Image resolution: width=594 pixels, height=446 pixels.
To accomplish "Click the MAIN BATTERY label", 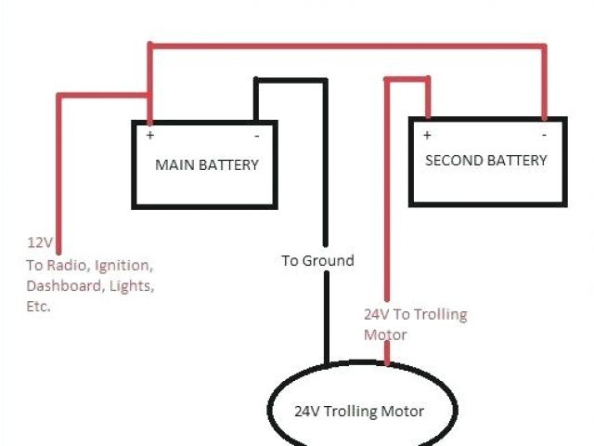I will pyautogui.click(x=206, y=165).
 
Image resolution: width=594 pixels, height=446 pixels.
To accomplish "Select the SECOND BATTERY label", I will pyautogui.click(x=485, y=161).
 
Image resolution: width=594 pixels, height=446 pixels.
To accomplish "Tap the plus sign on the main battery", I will pyautogui.click(x=149, y=136).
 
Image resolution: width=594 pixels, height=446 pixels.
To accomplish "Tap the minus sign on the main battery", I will pyautogui.click(x=255, y=136).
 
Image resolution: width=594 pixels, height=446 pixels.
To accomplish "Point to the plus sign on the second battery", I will pyautogui.click(x=427, y=134).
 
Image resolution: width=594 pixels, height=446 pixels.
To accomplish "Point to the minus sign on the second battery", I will pyautogui.click(x=544, y=134).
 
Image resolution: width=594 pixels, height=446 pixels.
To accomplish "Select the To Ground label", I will pyautogui.click(x=317, y=261).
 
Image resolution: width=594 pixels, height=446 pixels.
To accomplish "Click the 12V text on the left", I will pyautogui.click(x=40, y=243).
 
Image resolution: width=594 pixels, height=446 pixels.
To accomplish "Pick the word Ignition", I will pyautogui.click(x=124, y=264).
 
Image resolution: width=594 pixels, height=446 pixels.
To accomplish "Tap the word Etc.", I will pyautogui.click(x=38, y=306).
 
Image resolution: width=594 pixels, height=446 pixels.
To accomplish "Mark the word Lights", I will pyautogui.click(x=133, y=285).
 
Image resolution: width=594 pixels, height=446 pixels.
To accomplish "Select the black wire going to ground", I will pyautogui.click(x=325, y=204).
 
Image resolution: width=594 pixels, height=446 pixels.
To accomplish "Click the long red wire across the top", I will pyautogui.click(x=343, y=44).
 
